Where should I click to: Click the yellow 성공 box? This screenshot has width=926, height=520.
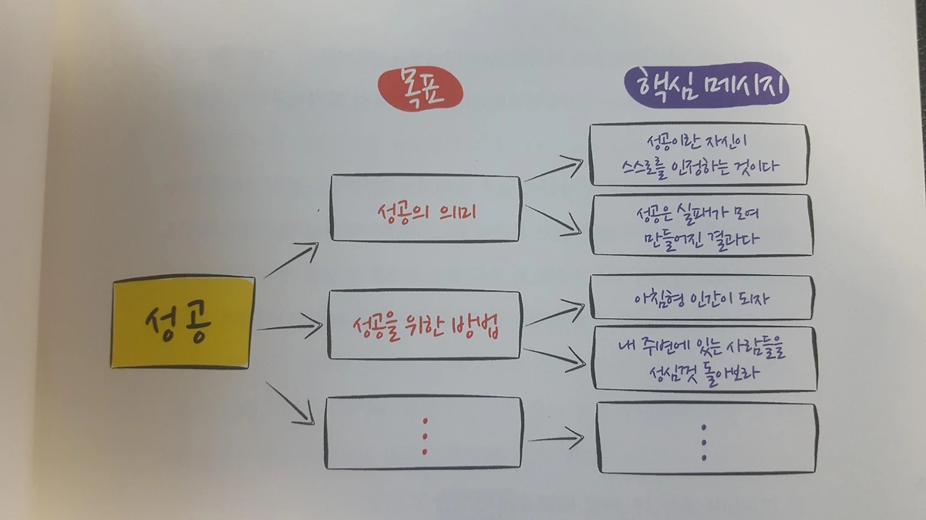pyautogui.click(x=182, y=322)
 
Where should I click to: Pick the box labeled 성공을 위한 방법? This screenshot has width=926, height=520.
pyautogui.click(x=425, y=326)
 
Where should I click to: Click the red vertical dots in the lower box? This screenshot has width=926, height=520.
pyautogui.click(x=425, y=435)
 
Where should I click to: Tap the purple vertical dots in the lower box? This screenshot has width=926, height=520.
pyautogui.click(x=704, y=441)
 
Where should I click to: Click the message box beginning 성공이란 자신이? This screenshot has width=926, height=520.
pyautogui.click(x=697, y=155)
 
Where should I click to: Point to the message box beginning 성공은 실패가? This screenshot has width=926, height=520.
pyautogui.click(x=700, y=225)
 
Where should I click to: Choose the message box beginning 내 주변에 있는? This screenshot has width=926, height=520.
pyautogui.click(x=703, y=359)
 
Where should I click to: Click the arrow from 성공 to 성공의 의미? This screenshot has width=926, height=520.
pyautogui.click(x=292, y=260)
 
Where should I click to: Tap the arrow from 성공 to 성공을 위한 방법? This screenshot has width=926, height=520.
pyautogui.click(x=289, y=328)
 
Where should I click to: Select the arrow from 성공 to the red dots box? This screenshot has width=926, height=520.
pyautogui.click(x=290, y=403)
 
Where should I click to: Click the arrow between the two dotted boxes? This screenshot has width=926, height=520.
pyautogui.click(x=555, y=438)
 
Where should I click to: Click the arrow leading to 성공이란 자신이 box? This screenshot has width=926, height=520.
pyautogui.click(x=553, y=170)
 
